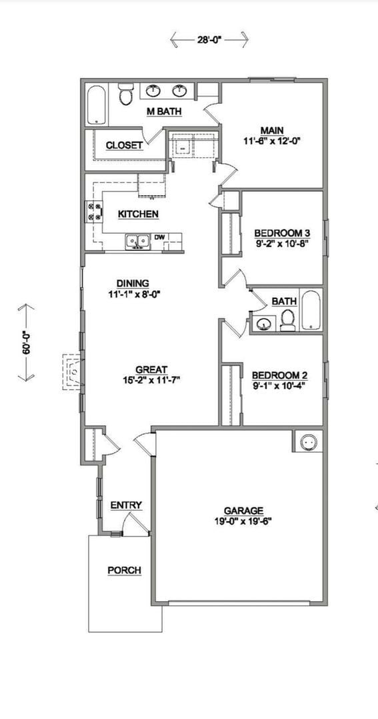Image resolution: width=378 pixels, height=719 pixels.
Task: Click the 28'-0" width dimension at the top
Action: click(x=209, y=40)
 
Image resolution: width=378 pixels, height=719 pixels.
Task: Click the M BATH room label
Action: click(x=164, y=111)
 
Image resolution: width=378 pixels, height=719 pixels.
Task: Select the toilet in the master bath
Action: click(x=125, y=95)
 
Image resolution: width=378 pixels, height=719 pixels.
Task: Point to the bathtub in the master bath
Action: click(x=97, y=105)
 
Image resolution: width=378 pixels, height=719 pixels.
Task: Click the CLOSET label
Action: click(x=124, y=145)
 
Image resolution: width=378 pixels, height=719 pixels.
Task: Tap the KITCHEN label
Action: click(x=138, y=214)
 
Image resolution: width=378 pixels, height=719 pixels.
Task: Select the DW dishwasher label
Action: click(x=160, y=237)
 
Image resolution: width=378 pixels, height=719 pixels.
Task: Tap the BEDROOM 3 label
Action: click(x=282, y=233)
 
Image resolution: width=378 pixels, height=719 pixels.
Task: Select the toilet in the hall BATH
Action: click(x=288, y=321)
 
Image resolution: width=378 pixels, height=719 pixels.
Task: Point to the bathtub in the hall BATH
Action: click(x=311, y=310)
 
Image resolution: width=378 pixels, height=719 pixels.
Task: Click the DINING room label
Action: click(x=133, y=283)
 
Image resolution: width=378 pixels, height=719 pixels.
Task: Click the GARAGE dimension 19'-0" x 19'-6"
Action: click(x=243, y=521)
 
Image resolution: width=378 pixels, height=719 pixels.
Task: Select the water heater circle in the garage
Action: click(x=307, y=441)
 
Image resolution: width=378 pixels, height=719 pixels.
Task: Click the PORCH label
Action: click(x=124, y=571)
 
